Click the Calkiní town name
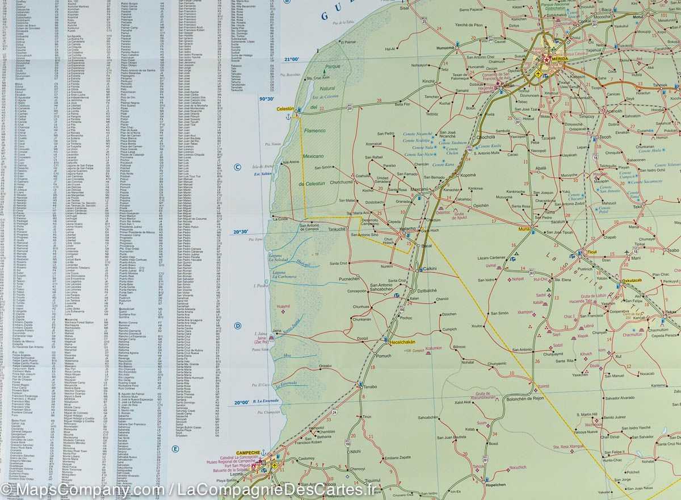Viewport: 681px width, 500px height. [x=429, y=268]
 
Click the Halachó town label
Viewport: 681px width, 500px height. [x=408, y=228]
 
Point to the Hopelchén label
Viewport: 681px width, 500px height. [x=495, y=485]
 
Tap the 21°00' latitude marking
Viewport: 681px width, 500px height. [x=292, y=59]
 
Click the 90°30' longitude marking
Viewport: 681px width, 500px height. [x=267, y=99]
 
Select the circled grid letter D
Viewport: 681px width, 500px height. [x=238, y=326]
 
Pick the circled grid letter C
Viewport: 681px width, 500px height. [x=238, y=166]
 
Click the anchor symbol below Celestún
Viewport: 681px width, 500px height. [x=288, y=116]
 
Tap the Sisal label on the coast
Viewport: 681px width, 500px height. [x=403, y=9]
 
